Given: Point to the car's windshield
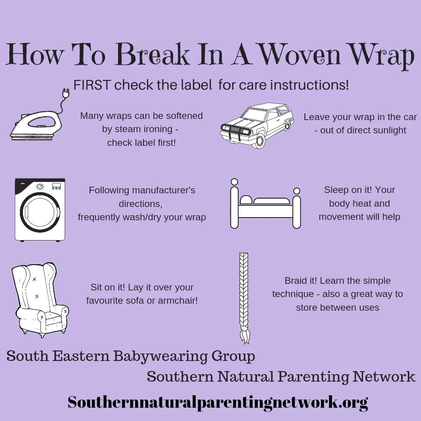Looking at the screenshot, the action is (x=257, y=113).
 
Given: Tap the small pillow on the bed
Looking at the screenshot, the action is (x=246, y=200).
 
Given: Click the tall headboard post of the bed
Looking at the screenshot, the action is (x=234, y=203).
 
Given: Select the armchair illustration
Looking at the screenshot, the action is (x=40, y=300).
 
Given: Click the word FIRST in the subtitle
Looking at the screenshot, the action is (x=92, y=85).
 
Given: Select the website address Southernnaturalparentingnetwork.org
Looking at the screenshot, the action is (x=218, y=402).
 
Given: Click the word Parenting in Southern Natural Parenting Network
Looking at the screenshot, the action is (x=313, y=377).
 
